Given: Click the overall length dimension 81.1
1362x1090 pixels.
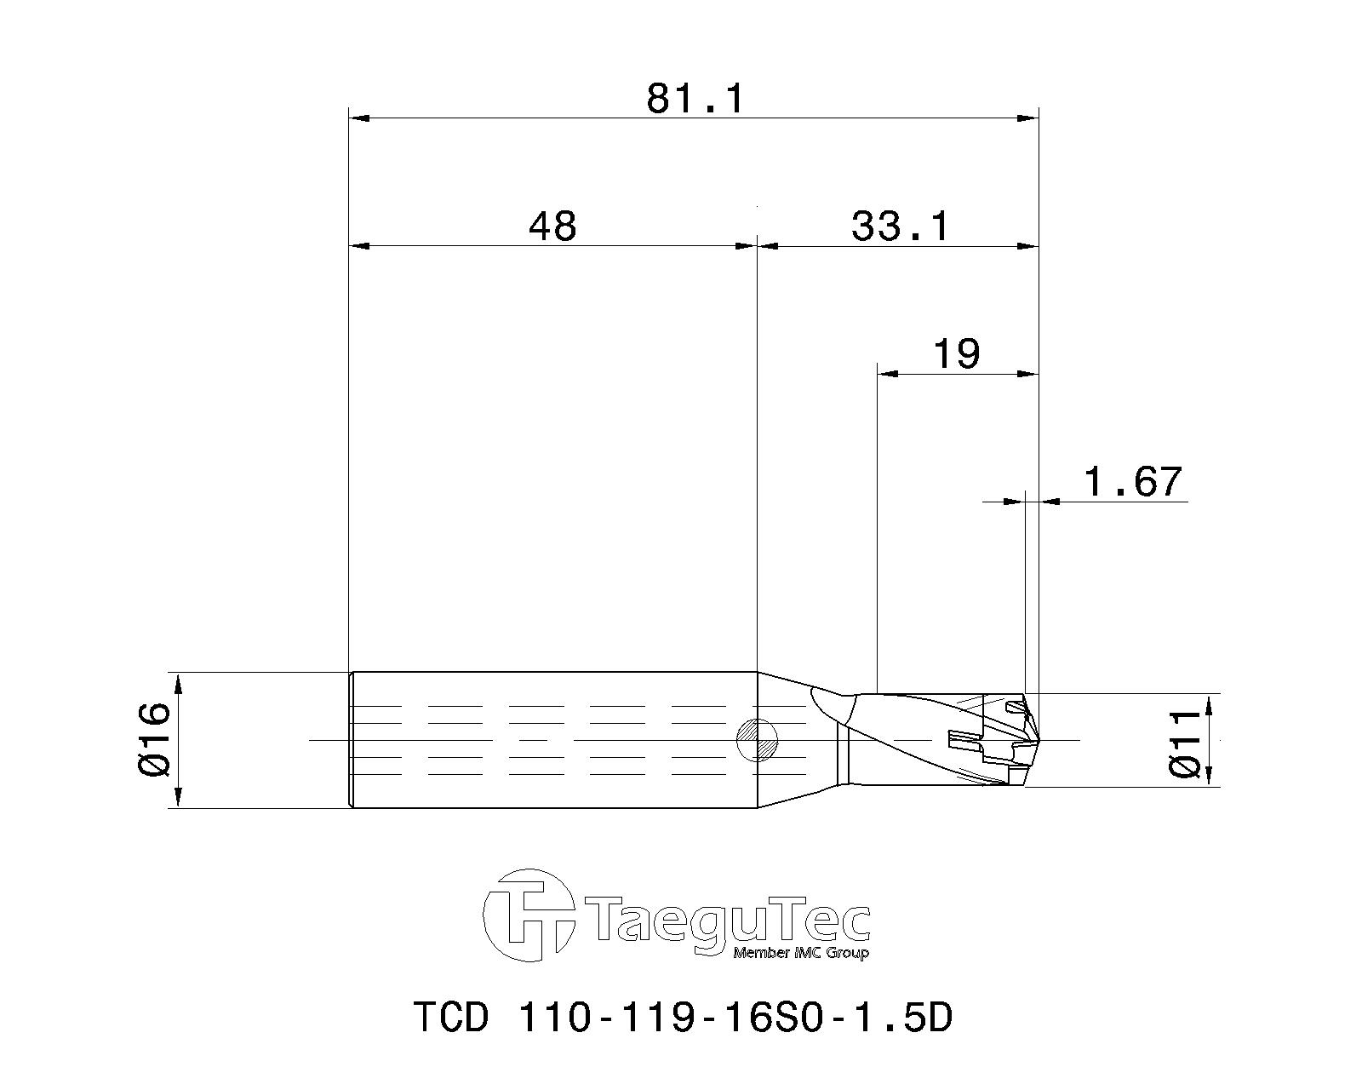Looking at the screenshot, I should point(695,99).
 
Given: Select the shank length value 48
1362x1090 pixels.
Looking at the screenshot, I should point(552,227).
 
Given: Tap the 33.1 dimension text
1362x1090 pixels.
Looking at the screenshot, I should point(899,227).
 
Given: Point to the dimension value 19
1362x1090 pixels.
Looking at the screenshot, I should point(957,353).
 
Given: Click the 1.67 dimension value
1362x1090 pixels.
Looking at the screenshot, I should point(1132,482).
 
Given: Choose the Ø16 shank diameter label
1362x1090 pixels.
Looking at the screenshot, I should point(156,739).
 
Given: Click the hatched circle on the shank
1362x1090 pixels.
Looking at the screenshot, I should point(757,739).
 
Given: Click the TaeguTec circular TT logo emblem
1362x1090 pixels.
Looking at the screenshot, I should point(528,915).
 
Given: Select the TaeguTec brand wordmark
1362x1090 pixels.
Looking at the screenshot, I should point(729,921).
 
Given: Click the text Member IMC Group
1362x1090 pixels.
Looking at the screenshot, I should point(800,953).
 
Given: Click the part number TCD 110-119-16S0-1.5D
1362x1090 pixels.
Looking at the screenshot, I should point(682,1017).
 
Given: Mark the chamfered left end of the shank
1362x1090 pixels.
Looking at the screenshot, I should point(352,739).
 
